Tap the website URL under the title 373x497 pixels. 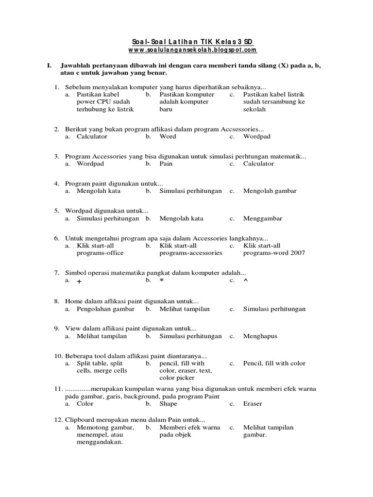click(193, 50)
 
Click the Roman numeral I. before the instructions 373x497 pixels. click(49, 65)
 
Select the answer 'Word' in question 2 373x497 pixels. click(168, 136)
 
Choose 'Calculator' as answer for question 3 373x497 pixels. click(258, 164)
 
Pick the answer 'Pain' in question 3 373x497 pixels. click(166, 164)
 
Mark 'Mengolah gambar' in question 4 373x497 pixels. click(270, 191)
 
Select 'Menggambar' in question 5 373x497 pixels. click(262, 218)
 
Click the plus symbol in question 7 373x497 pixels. click(79, 281)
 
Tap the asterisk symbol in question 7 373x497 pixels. click(162, 281)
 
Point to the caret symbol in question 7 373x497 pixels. click(245, 281)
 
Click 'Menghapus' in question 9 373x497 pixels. click(260, 336)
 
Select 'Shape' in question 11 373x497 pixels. click(168, 403)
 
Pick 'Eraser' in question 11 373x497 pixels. click(253, 403)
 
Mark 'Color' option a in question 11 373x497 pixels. click(85, 403)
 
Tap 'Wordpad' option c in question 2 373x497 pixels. click(257, 136)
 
